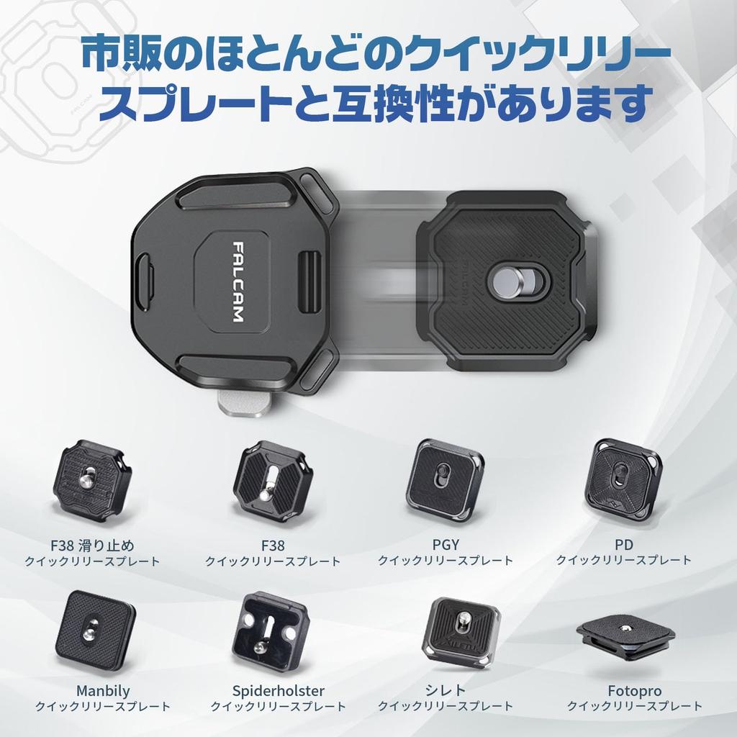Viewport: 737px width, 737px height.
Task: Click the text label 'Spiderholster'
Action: (279, 691)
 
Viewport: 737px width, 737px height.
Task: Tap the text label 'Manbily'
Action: (103, 691)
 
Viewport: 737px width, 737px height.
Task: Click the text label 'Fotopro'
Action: (634, 691)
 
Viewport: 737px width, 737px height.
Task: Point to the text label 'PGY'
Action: (446, 545)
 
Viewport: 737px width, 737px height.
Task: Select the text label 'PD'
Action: (623, 545)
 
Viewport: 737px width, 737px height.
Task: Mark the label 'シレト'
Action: (446, 691)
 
